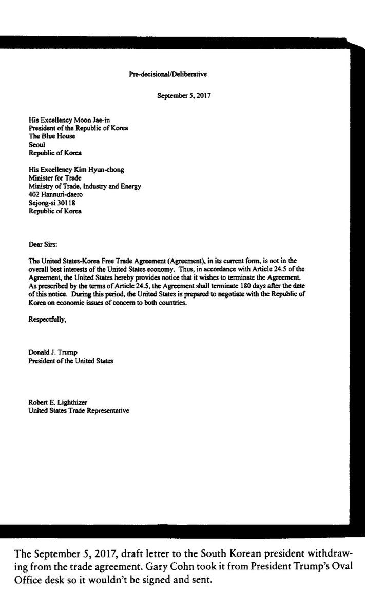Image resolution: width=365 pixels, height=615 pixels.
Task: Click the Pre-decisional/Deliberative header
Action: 167,75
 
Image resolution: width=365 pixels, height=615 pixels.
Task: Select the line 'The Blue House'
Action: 52,137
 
